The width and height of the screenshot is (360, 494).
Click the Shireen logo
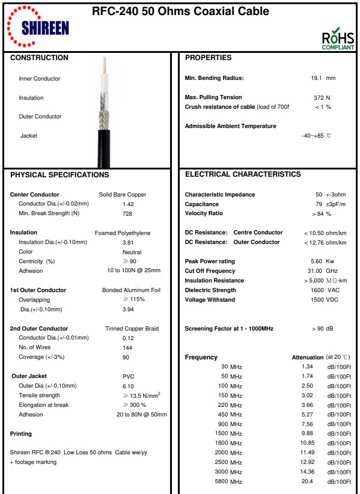[37, 26]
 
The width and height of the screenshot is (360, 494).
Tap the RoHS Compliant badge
[338, 38]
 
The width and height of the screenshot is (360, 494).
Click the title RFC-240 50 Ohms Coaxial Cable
[180, 11]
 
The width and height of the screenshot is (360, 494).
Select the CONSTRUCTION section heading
[39, 58]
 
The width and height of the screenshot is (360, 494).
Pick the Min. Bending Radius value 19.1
[317, 78]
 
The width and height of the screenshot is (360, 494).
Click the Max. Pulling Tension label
[213, 97]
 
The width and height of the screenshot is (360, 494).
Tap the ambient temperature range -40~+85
[313, 136]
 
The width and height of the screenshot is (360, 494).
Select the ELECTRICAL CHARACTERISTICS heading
[243, 174]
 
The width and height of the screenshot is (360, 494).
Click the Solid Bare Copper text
[123, 195]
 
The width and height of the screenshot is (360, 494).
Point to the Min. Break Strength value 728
[127, 213]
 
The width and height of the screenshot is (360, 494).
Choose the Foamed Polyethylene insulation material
[123, 233]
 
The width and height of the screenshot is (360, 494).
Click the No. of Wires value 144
[127, 348]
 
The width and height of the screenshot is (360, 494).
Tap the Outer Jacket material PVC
[128, 377]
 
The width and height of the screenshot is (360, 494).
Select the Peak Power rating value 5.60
[316, 261]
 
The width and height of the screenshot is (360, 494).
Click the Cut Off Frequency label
[210, 271]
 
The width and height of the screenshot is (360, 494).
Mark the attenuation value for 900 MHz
[307, 424]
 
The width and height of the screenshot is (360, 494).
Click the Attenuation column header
[307, 358]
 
